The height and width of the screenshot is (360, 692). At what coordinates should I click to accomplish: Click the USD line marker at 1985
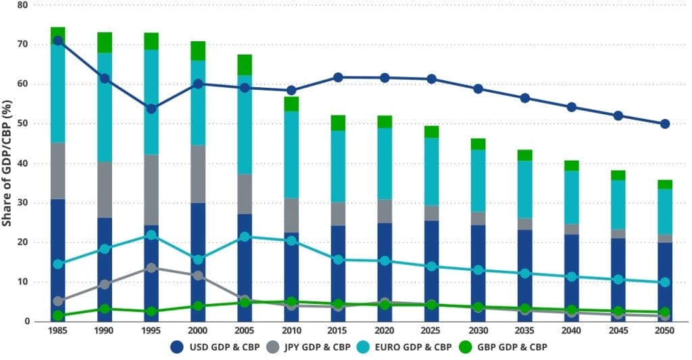click(58, 41)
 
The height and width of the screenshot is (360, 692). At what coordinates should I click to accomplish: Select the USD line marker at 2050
click(664, 124)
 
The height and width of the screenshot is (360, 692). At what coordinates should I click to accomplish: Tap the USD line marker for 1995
click(151, 109)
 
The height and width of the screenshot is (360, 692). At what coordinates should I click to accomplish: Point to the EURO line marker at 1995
click(151, 235)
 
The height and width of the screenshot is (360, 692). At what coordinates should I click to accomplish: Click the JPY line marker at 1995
click(151, 268)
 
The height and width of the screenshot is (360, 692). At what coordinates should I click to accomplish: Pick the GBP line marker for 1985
click(58, 315)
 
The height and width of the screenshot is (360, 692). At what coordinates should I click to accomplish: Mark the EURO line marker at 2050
click(664, 282)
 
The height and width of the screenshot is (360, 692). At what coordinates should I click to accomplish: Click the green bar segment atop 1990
click(105, 43)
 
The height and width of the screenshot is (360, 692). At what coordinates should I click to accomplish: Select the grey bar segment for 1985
click(58, 171)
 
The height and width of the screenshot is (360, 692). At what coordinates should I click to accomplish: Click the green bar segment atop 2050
click(664, 184)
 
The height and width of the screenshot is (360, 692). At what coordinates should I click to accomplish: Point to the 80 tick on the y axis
click(22, 5)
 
